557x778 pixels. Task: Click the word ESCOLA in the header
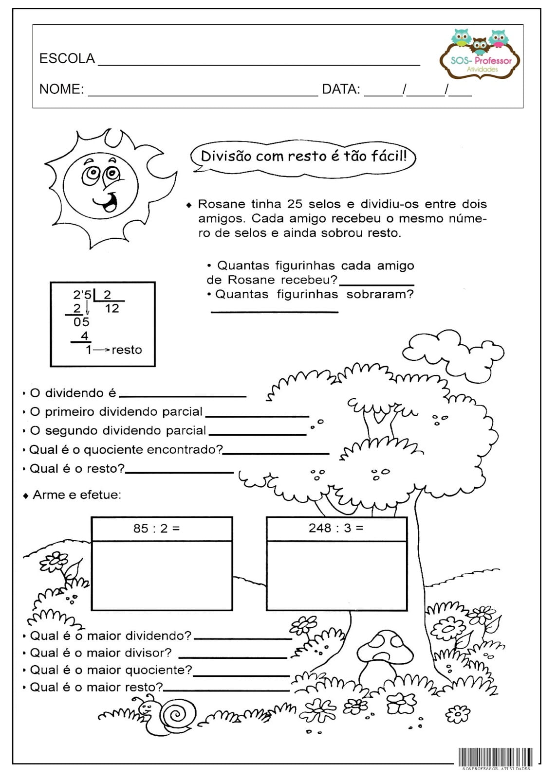[67, 58]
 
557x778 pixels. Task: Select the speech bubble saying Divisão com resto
[303, 156]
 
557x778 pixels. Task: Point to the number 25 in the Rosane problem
[295, 204]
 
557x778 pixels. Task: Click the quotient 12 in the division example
[112, 308]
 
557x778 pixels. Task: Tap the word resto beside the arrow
[127, 350]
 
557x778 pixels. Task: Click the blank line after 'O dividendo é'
[183, 395]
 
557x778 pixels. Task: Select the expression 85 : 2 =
[156, 528]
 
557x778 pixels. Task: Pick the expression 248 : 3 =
[336, 528]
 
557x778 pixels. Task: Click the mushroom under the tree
[385, 654]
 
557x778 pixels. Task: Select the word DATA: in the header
[341, 89]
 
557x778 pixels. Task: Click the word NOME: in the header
[61, 89]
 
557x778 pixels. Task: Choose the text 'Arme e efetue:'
[76, 495]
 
